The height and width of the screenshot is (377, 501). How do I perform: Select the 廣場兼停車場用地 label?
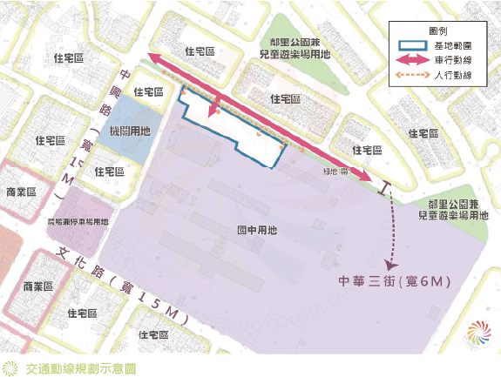point(78,221)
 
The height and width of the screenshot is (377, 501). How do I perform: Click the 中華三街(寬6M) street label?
point(397,282)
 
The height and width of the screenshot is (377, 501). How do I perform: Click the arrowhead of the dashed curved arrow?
point(389,261)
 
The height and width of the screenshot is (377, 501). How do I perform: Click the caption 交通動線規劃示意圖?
point(81,367)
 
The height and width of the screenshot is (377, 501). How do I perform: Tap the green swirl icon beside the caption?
point(10,367)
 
